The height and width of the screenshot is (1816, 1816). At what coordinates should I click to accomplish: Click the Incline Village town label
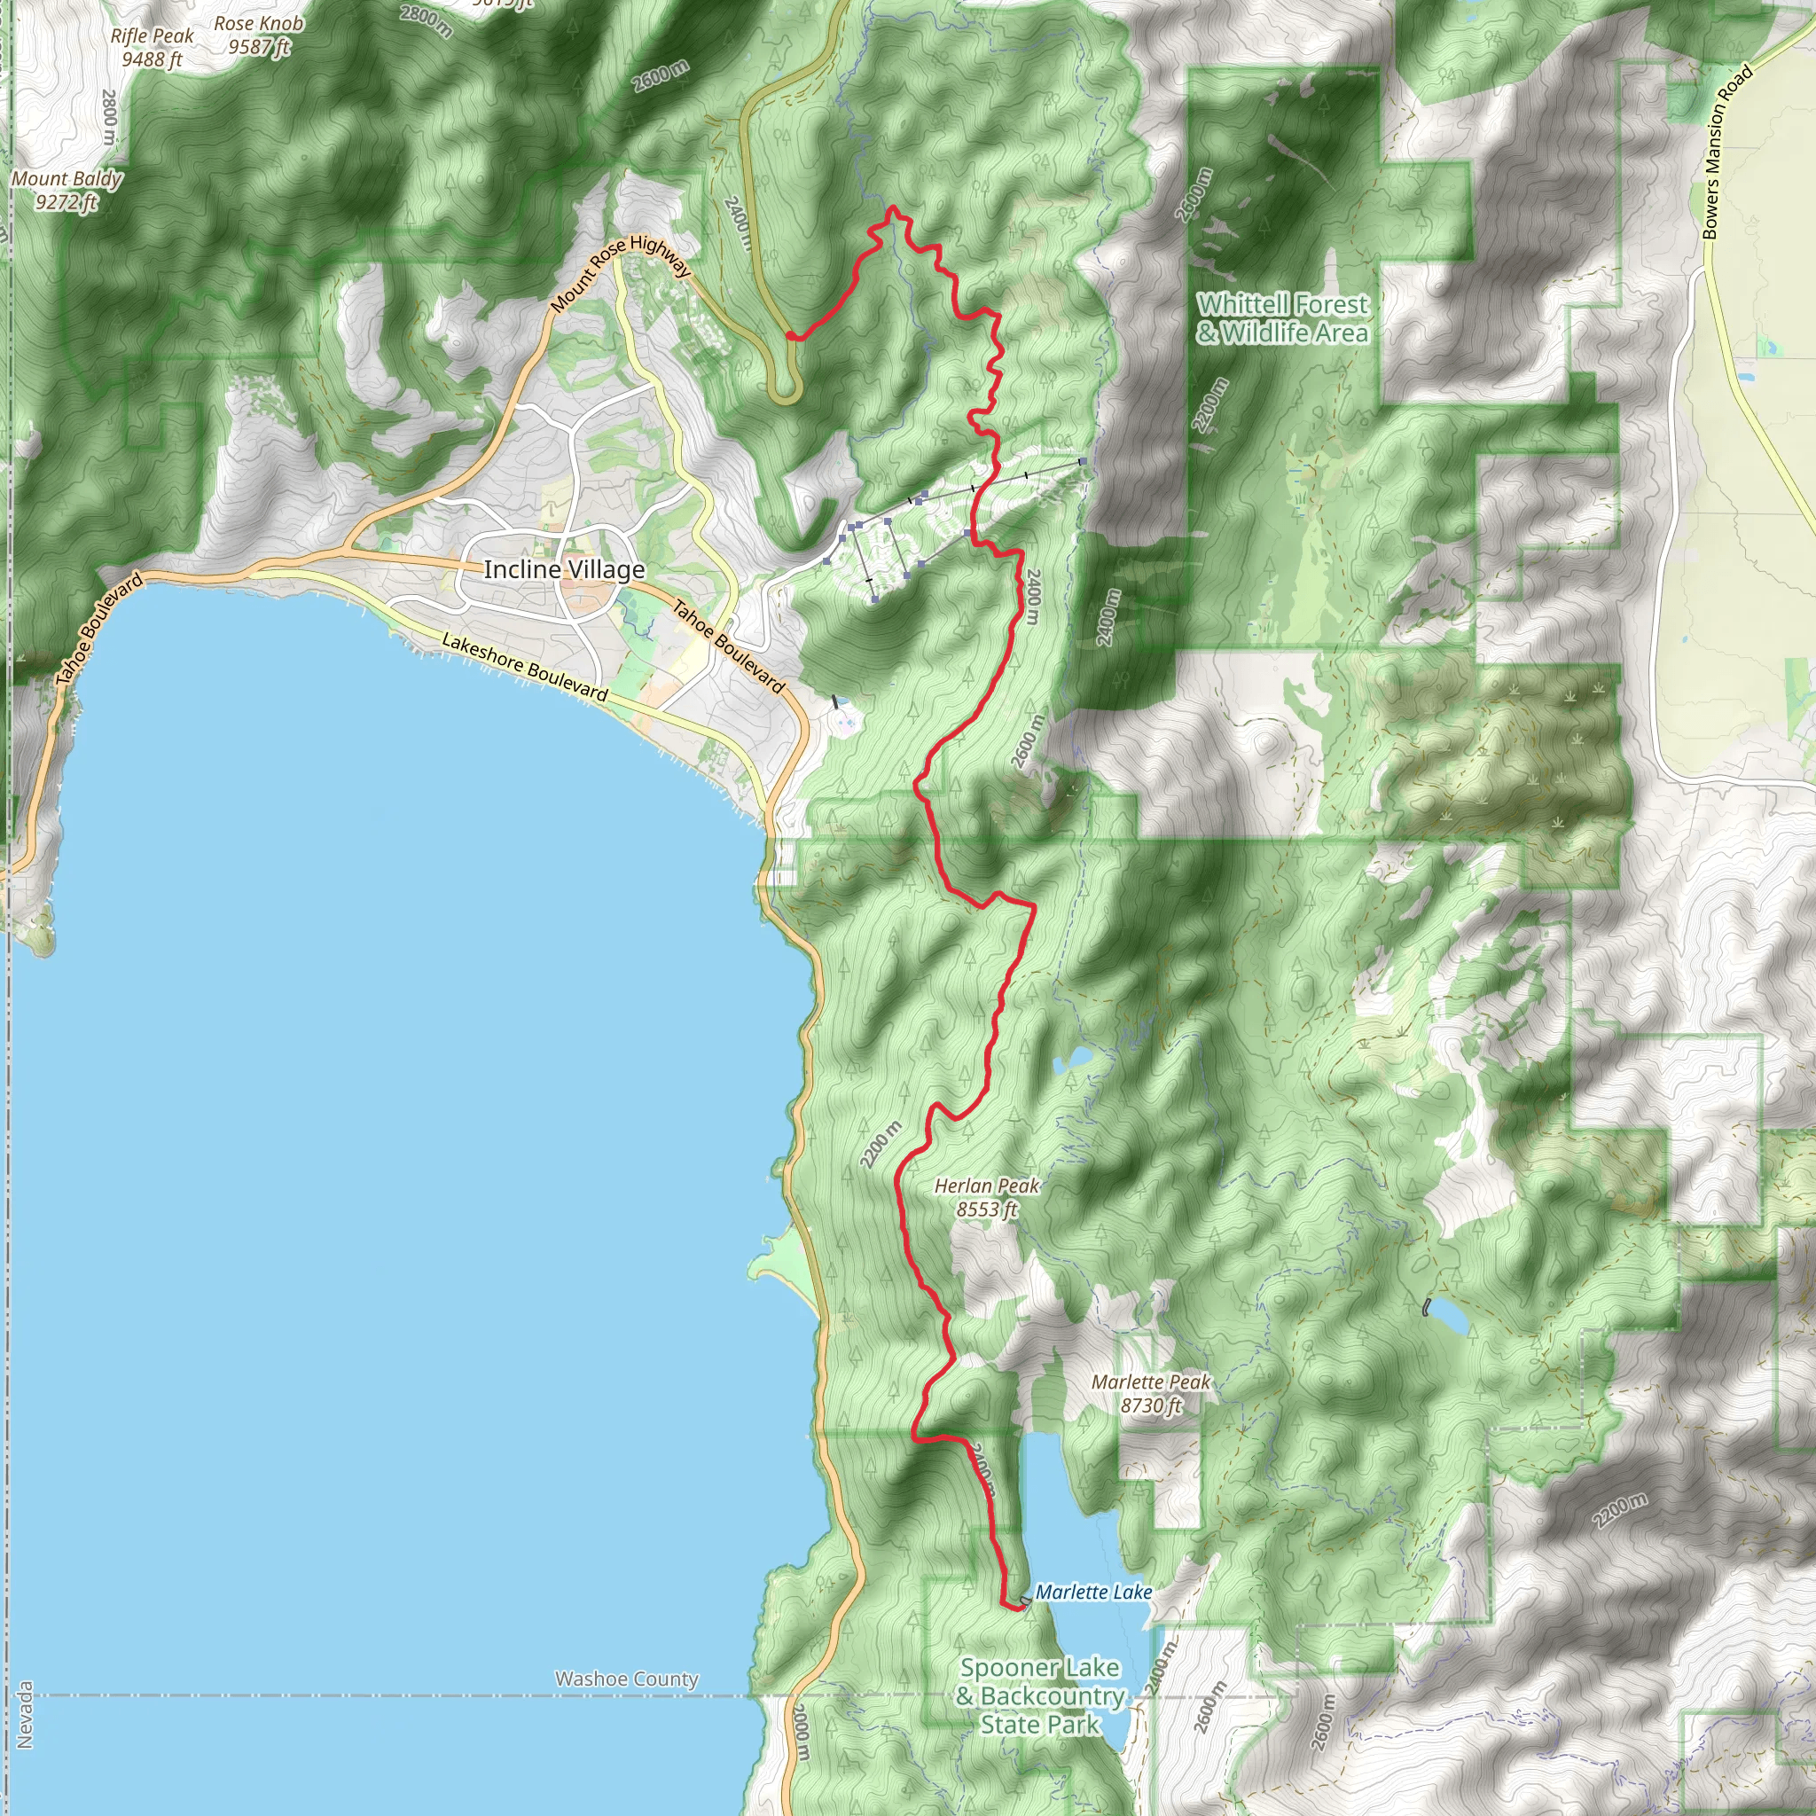pos(564,569)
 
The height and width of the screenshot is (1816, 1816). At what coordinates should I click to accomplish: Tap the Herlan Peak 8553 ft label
pos(986,1196)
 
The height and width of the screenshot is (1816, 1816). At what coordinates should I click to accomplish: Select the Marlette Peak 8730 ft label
pos(1150,1393)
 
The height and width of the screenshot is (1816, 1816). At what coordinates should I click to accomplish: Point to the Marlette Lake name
pos(1093,1592)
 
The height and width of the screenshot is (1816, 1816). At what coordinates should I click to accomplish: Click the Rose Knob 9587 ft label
pos(259,35)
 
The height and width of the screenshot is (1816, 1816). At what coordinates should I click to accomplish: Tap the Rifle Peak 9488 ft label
pos(152,47)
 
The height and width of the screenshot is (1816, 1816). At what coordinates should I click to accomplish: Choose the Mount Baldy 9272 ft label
pos(67,190)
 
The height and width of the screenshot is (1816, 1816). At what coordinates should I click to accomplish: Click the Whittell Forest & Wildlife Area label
pos(1282,317)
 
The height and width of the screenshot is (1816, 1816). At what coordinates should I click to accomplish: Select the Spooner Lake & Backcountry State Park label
pos(1039,1695)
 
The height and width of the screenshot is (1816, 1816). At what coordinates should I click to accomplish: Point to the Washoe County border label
pos(626,1679)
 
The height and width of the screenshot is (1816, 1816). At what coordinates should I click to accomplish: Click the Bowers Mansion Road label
pos(1727,151)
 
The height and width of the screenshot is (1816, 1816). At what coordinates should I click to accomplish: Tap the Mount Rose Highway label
pos(621,272)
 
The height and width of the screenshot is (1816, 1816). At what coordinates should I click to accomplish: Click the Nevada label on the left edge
pos(26,1715)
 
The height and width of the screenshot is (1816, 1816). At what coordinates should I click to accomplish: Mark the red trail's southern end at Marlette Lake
pos(1021,1609)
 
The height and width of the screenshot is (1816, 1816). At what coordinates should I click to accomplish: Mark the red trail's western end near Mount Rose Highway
pos(789,335)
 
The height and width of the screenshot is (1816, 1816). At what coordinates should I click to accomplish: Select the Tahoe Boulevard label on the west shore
pos(99,628)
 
